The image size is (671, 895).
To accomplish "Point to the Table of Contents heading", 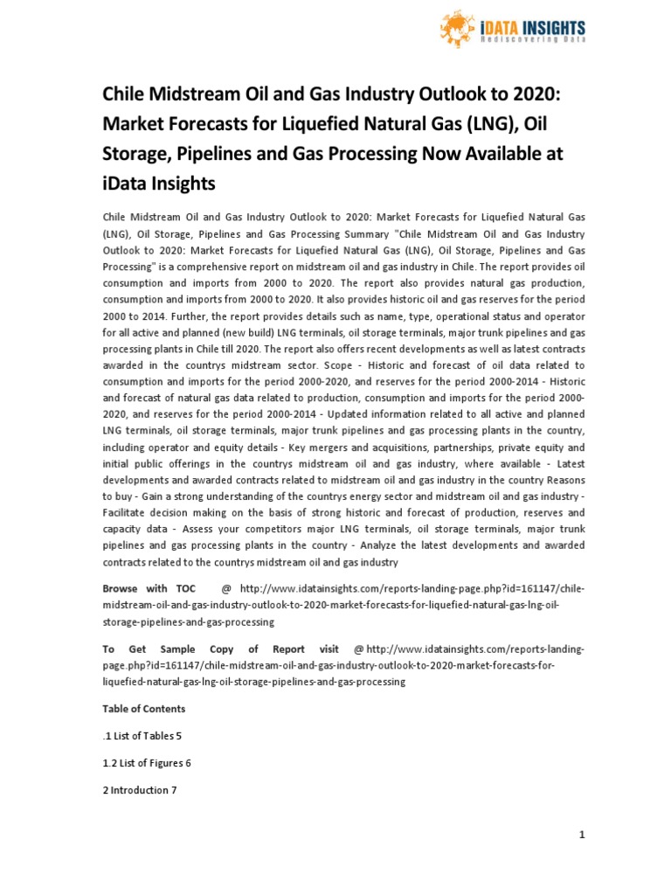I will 144,708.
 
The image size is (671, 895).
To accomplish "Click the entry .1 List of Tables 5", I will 142,736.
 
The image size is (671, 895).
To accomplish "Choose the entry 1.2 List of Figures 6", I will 147,763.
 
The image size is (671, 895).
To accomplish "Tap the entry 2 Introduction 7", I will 140,790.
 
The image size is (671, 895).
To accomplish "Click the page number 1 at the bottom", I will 582,835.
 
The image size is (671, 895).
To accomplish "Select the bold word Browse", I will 121,588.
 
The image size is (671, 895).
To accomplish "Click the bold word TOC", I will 185,588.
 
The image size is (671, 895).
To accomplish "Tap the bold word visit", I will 329,649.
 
